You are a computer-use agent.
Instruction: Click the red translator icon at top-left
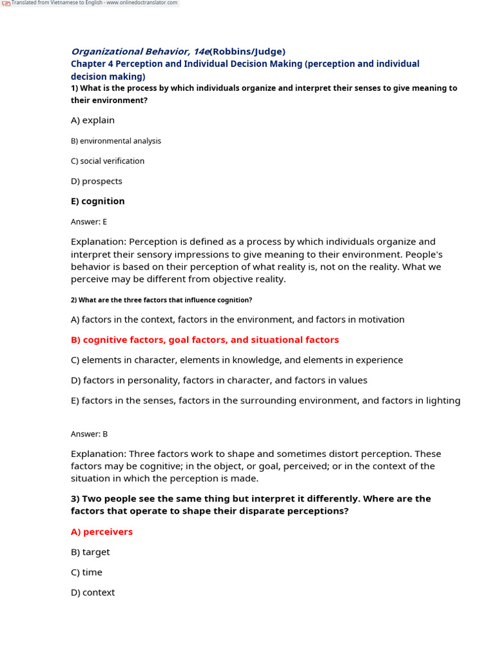point(6,3)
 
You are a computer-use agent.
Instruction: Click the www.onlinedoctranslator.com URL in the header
point(142,3)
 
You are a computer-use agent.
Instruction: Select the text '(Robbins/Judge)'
point(247,52)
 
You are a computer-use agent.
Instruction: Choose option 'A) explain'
point(93,120)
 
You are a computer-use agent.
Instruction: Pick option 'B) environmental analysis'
point(116,141)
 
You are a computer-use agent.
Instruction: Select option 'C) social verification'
point(108,161)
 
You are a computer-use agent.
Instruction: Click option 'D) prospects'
point(97,181)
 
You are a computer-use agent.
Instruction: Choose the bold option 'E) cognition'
point(98,201)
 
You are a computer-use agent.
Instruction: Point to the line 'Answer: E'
point(89,222)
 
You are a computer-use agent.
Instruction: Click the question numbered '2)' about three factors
point(161,300)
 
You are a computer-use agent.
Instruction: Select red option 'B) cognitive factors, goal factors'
point(204,340)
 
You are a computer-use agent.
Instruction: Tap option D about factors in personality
point(219,380)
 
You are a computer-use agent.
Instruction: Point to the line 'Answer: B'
point(89,434)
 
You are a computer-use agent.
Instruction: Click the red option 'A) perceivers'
point(102,532)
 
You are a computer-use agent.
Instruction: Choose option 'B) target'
point(90,552)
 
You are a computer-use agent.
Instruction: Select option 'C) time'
point(86,572)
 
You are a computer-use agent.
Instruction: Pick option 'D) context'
point(93,592)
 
